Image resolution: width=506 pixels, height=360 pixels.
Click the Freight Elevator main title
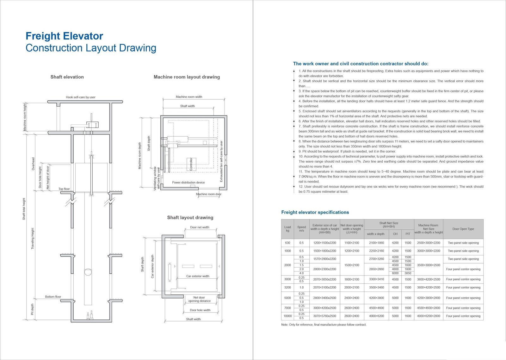[x=64, y=36]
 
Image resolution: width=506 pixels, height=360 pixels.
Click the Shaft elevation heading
[x=67, y=77]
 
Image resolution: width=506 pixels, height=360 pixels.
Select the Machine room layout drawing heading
[x=187, y=77]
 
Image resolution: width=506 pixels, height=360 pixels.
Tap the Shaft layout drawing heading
[x=190, y=218]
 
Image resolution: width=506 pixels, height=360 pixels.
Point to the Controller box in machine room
[x=191, y=164]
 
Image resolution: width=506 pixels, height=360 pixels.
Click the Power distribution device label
[x=188, y=183]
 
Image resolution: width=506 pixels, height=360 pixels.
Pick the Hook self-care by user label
[x=81, y=97]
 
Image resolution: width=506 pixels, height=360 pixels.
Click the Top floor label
[x=64, y=189]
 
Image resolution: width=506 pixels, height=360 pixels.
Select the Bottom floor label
[x=53, y=297]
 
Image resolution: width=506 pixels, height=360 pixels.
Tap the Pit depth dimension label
[x=32, y=309]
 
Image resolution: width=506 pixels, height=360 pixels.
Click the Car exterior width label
[x=198, y=276]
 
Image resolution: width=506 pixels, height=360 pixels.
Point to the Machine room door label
[x=209, y=194]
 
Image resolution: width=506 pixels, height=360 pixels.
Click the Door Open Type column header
[x=463, y=229]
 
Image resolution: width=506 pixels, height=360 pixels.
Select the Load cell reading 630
[x=287, y=243]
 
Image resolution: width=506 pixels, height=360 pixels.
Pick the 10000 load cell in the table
[x=287, y=316]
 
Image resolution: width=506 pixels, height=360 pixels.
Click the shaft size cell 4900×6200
[x=376, y=316]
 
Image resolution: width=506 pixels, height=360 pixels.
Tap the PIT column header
[x=408, y=234]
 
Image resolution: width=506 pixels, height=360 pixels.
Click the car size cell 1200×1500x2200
[x=325, y=243]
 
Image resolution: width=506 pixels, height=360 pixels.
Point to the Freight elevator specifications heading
[x=315, y=212]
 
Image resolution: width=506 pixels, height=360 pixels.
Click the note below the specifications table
[x=324, y=325]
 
